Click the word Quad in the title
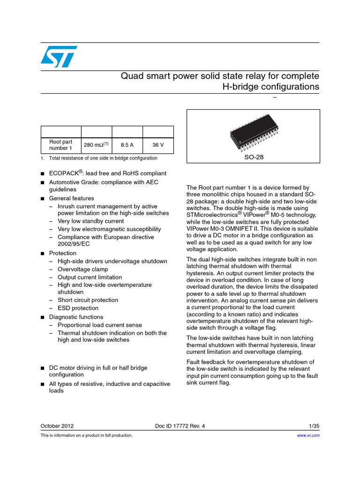coord(132,76)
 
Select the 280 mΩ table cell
coord(96,145)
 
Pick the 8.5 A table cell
coord(127,145)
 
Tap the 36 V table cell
coord(158,145)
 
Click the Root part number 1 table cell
coord(61,145)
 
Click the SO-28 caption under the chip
coord(254,157)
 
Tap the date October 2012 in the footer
coord(57,426)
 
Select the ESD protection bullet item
coord(78,308)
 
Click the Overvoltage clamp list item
coord(82,269)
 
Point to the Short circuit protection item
coord(88,300)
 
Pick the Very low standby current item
coord(90,221)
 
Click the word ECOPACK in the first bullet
coord(63,173)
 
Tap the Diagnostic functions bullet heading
coord(75,317)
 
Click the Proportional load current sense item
coord(99,325)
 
